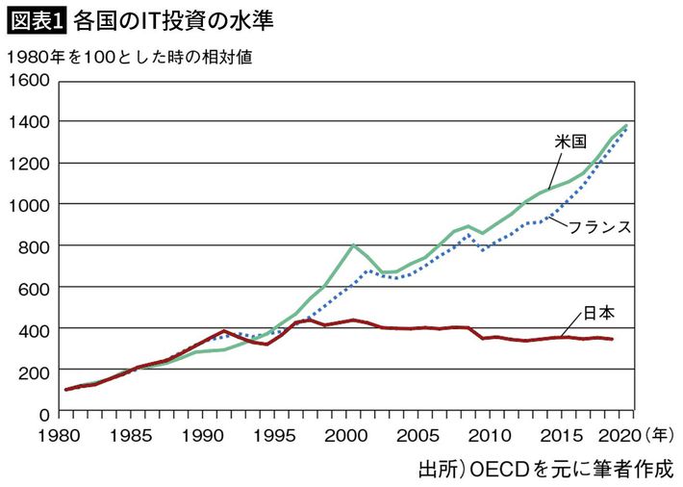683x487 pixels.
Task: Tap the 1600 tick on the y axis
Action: tap(31, 80)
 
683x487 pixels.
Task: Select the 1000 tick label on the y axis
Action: tap(31, 205)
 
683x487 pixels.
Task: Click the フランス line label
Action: tap(599, 228)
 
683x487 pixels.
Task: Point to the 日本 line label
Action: tap(597, 313)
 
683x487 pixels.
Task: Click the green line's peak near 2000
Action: tap(354, 244)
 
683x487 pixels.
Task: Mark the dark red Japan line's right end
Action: tap(613, 339)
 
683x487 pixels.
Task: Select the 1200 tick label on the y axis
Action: tap(31, 164)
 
